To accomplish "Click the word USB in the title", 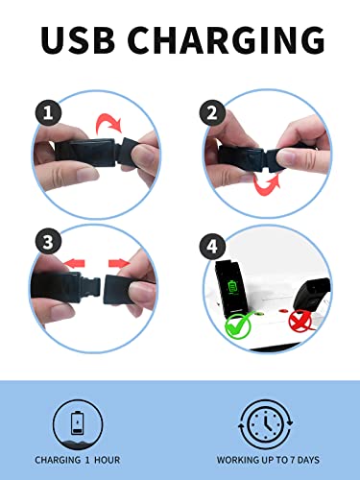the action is pyautogui.click(x=78, y=39).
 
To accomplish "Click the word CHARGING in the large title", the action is pyautogui.click(x=227, y=39).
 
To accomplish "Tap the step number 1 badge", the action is pyautogui.click(x=48, y=113).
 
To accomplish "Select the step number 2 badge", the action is pyautogui.click(x=212, y=113).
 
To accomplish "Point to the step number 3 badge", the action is pyautogui.click(x=48, y=242).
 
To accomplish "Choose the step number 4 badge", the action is pyautogui.click(x=212, y=247).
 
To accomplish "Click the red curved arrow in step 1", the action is pyautogui.click(x=108, y=123).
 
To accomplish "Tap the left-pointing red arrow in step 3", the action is pyautogui.click(x=74, y=264).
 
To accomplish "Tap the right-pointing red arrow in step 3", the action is pyautogui.click(x=119, y=264).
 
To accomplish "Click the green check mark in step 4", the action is pyautogui.click(x=238, y=325).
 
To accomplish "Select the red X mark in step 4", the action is pyautogui.click(x=300, y=321).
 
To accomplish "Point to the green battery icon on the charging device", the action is pyautogui.click(x=232, y=286).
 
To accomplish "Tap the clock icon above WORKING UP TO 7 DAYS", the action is pyautogui.click(x=265, y=424).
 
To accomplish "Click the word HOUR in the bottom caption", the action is pyautogui.click(x=108, y=460).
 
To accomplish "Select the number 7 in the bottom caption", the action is pyautogui.click(x=292, y=460).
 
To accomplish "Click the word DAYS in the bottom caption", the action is pyautogui.click(x=308, y=460).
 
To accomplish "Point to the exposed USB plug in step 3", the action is pyautogui.click(x=90, y=286).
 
